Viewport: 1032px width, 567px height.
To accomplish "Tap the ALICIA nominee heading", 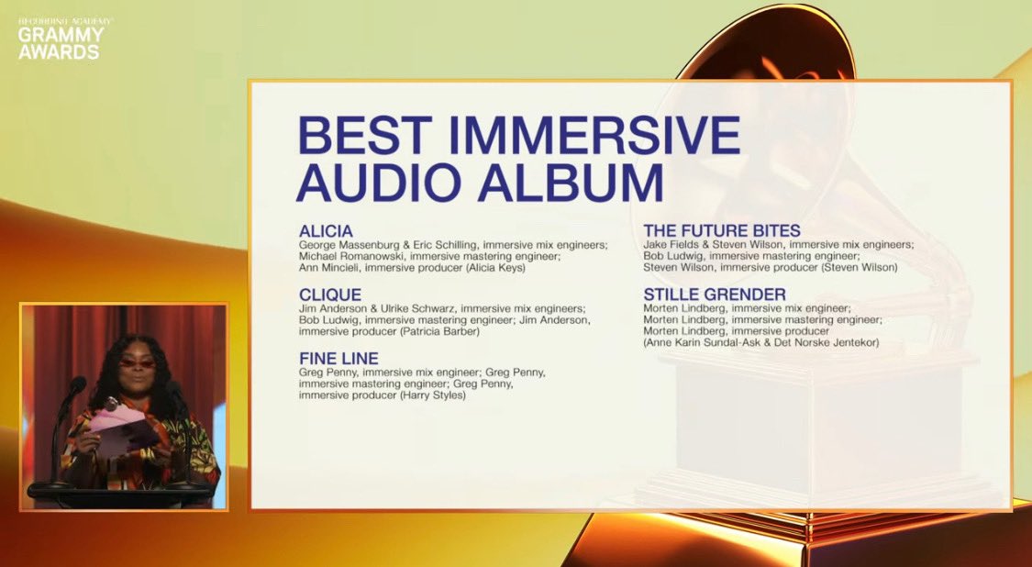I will [x=326, y=230].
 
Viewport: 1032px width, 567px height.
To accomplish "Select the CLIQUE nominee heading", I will [x=330, y=295].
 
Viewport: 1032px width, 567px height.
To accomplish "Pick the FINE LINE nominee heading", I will [x=338, y=358].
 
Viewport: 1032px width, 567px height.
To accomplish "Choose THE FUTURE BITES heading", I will [x=722, y=230].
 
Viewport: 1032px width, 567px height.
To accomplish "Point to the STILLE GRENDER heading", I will [x=715, y=295].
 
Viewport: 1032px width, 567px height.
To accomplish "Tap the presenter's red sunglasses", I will [x=137, y=362].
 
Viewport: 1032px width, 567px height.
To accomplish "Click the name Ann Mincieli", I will [x=329, y=268].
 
